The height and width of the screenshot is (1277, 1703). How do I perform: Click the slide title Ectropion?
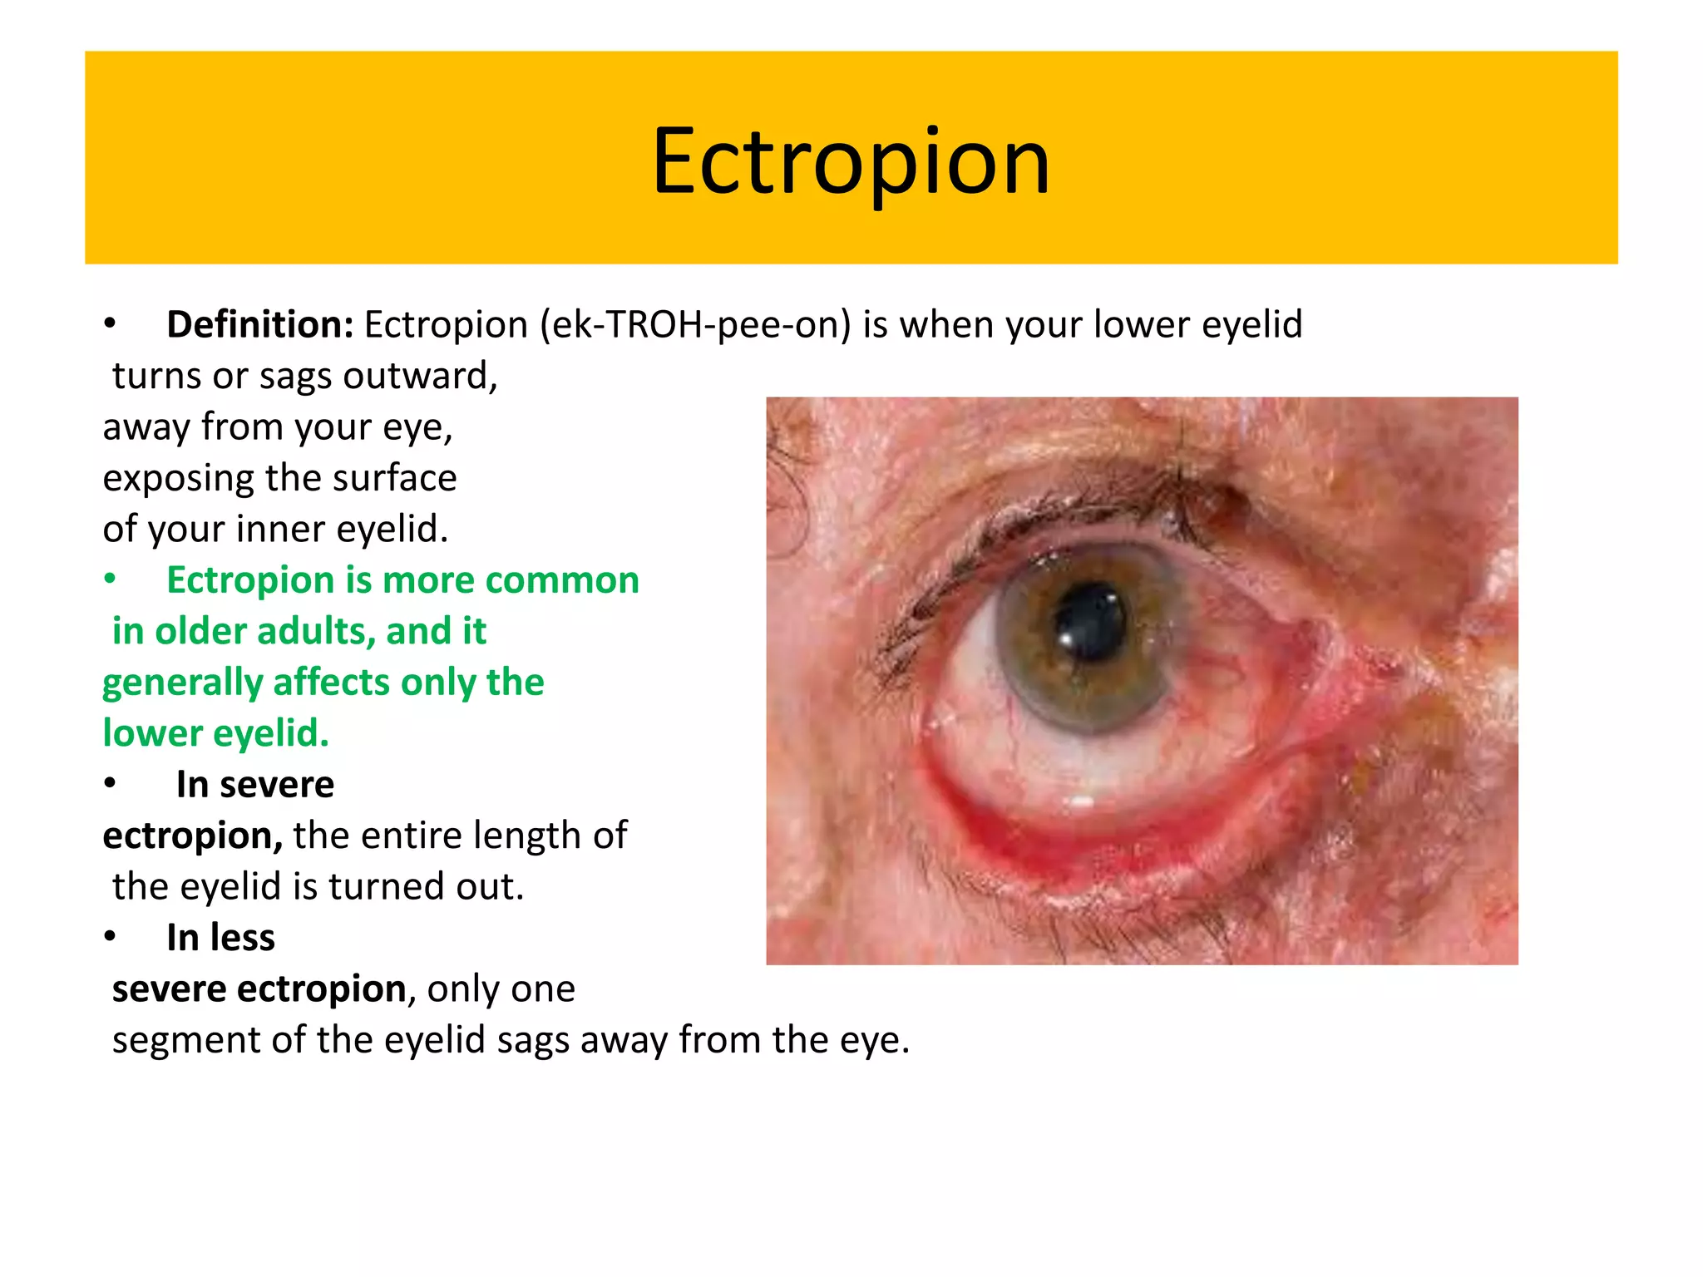pos(851,161)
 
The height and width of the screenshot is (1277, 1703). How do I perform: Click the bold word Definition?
pos(260,325)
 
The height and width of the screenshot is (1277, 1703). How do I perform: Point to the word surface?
pos(393,478)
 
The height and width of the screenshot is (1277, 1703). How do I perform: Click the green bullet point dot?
pos(110,579)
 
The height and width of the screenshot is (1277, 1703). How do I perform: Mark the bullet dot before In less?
pos(110,937)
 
